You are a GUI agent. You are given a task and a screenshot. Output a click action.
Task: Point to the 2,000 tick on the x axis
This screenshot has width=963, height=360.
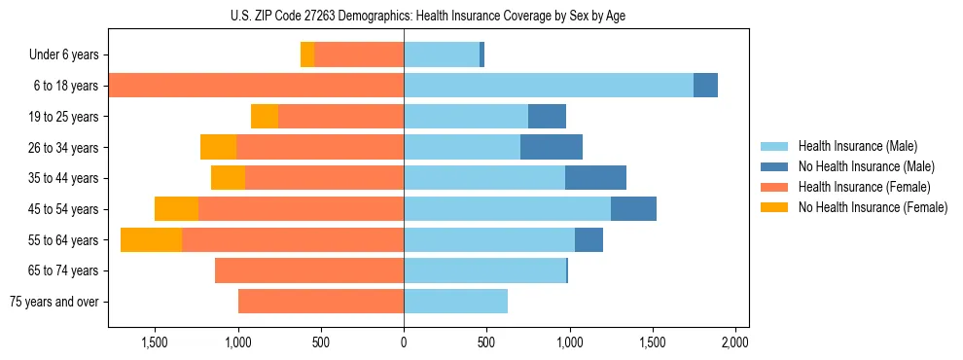735,342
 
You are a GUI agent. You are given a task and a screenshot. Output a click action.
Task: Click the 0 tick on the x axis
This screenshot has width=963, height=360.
404,342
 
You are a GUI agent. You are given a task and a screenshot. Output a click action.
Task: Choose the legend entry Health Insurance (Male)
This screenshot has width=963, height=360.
857,146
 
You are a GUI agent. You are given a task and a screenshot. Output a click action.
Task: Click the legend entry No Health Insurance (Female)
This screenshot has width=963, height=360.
873,207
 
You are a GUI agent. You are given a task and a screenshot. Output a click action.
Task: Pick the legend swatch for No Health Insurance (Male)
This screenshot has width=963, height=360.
775,166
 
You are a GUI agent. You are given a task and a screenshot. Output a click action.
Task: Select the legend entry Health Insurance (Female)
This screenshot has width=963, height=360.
865,187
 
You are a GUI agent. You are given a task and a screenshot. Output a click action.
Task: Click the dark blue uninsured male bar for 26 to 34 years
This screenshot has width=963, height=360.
552,147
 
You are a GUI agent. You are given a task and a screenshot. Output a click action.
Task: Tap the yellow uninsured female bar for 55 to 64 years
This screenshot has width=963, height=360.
151,239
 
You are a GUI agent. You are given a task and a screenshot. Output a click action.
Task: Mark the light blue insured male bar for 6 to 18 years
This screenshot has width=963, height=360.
549,86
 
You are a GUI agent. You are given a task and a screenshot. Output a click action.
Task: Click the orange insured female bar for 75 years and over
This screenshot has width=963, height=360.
321,302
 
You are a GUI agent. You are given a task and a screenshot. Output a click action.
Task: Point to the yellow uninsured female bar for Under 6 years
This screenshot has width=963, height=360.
307,54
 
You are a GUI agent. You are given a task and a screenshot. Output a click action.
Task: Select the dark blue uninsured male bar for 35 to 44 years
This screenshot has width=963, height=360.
595,178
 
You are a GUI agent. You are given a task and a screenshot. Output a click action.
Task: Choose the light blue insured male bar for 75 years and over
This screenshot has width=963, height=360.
455,302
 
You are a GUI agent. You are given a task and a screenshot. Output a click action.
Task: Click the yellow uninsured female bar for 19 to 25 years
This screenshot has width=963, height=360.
265,117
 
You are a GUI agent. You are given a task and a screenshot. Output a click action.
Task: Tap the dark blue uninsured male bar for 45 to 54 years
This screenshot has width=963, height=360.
633,209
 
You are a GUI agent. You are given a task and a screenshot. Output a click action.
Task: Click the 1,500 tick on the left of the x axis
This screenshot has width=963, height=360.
156,342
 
